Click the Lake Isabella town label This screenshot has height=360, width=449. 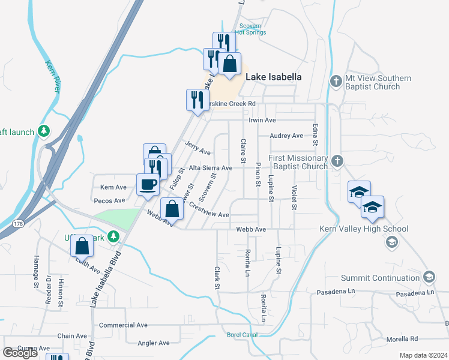274,77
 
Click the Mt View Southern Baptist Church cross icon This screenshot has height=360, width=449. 336,80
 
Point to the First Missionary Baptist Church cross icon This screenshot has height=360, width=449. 337,160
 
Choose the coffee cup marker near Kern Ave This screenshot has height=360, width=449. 148,184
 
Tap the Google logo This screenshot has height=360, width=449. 20,353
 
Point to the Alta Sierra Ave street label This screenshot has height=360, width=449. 210,168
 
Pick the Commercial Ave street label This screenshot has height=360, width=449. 123,325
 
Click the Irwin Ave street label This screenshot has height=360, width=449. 262,120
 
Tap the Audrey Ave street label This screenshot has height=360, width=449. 286,136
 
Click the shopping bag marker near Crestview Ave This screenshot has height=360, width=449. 172,209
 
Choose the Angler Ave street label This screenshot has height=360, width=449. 154,343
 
